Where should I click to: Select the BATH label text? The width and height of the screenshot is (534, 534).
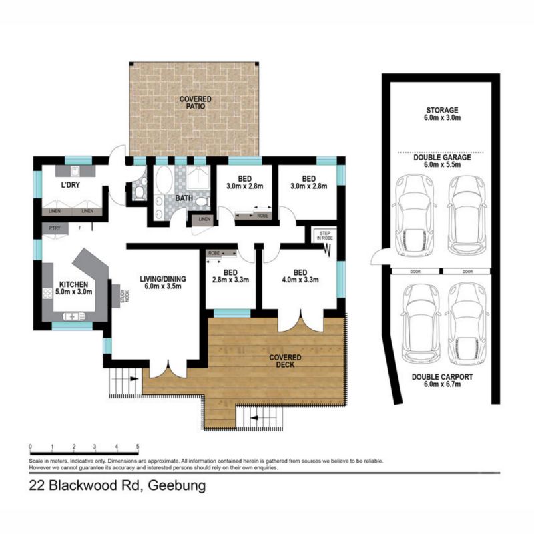coord(184,198)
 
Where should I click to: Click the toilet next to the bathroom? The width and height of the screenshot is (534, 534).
coord(139,192)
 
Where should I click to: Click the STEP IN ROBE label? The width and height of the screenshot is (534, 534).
coord(324,235)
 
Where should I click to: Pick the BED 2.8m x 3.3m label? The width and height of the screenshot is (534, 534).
coord(230,276)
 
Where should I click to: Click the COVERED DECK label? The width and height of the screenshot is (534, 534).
coord(285,360)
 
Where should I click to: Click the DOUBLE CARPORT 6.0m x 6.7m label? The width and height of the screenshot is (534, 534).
coord(442,381)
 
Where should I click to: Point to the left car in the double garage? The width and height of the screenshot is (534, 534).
coord(415,215)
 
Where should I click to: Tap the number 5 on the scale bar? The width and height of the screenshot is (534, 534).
coord(138,447)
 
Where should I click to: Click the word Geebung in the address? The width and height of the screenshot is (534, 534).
coord(176,485)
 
